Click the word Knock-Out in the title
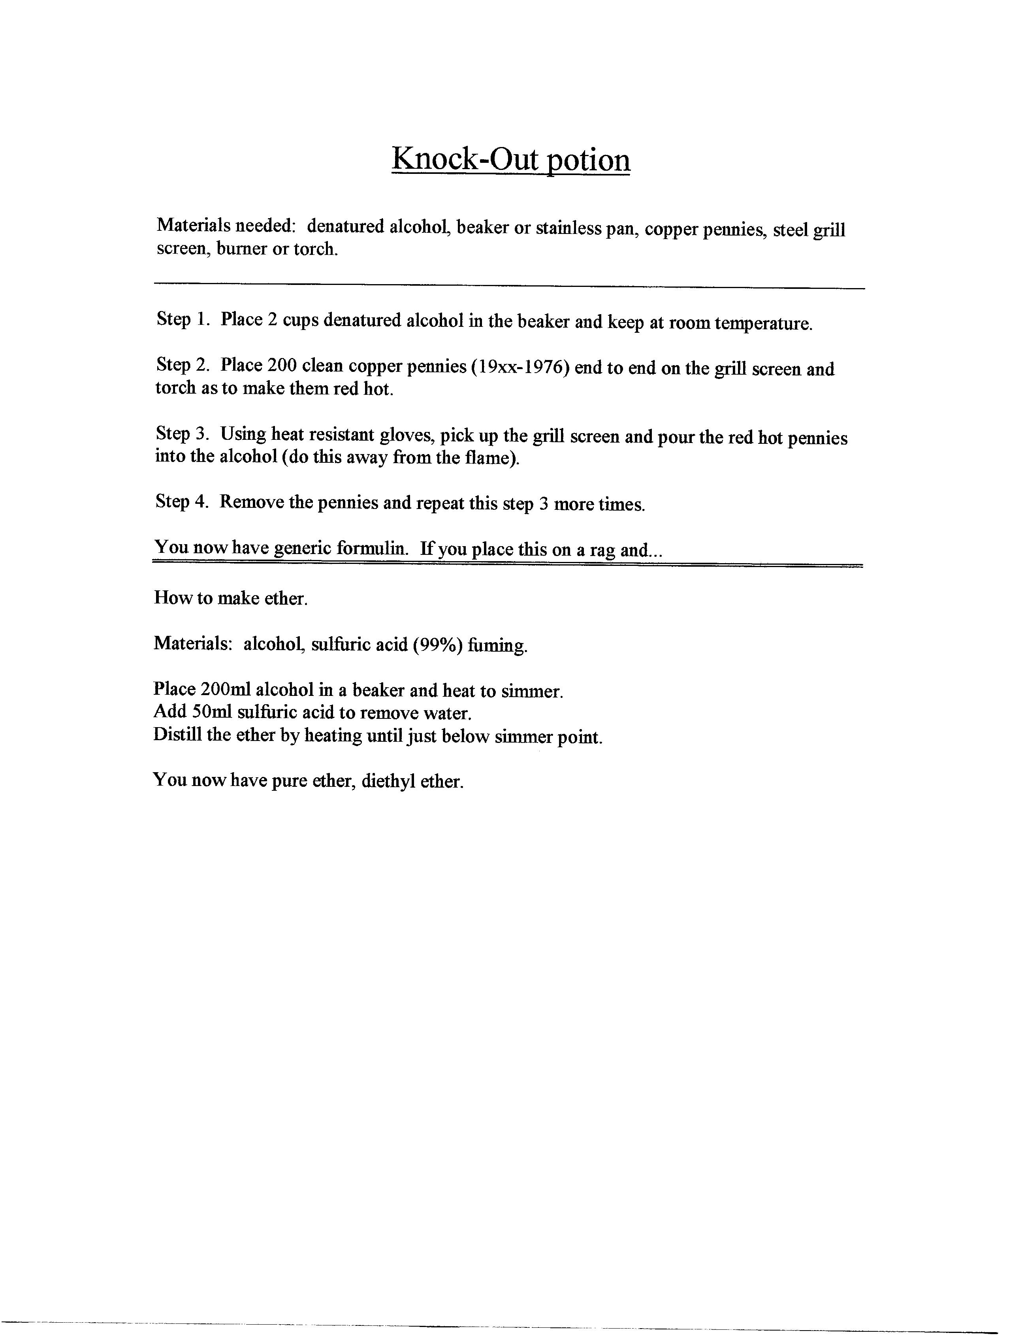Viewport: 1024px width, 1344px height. [x=465, y=159]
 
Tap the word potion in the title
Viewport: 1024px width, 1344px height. [x=588, y=160]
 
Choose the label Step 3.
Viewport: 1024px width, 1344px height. [x=182, y=434]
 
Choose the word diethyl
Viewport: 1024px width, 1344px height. [x=388, y=781]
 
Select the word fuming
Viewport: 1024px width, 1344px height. [x=497, y=645]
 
